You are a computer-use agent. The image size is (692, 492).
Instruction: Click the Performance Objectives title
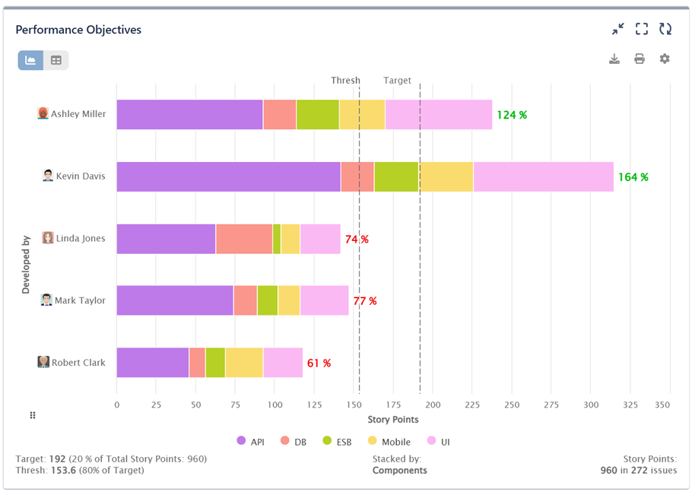78,30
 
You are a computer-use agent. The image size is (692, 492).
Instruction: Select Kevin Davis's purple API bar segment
228,176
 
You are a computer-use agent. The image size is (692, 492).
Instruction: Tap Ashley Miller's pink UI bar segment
438,115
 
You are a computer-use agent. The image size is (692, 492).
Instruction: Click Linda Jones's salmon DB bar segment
243,239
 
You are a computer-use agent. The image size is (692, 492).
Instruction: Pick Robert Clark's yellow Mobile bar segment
243,363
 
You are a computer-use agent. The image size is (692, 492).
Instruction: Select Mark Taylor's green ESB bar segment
267,300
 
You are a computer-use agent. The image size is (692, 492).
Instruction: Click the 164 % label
633,177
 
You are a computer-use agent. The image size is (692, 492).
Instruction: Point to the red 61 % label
319,363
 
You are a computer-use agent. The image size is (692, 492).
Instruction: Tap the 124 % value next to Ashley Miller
512,116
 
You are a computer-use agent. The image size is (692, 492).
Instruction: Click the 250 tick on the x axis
512,405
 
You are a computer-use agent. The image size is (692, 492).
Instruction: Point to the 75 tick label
235,405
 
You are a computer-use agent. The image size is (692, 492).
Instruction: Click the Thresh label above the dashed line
345,81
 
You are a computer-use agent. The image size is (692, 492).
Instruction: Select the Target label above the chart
397,81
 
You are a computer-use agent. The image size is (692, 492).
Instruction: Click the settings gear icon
665,59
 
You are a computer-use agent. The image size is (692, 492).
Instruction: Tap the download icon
614,59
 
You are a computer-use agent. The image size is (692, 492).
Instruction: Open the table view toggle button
56,60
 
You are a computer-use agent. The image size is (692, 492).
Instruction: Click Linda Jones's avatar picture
48,238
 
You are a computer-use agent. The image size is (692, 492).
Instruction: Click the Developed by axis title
25,264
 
